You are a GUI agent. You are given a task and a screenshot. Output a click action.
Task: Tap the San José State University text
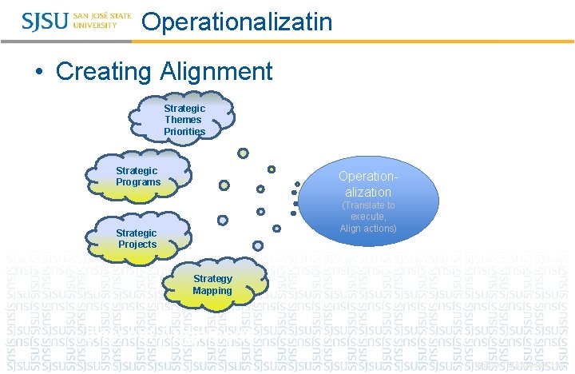point(102,20)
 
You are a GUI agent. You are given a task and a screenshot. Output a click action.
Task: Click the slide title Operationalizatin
point(236,22)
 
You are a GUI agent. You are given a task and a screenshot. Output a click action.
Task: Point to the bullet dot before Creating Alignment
point(39,73)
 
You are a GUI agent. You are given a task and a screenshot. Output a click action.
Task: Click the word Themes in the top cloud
point(184,120)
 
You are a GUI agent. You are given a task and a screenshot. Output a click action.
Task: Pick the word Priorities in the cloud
point(184,131)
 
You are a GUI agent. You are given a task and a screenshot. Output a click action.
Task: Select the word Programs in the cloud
point(137,182)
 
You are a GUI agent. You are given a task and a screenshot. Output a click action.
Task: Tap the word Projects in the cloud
point(137,244)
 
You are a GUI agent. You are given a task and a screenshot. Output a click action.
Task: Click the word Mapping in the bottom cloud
point(212,290)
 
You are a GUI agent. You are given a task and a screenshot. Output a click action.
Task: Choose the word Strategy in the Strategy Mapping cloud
point(212,279)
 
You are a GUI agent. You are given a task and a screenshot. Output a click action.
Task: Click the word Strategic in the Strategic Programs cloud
point(137,170)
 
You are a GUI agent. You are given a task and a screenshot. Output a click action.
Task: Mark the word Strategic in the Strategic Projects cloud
point(137,233)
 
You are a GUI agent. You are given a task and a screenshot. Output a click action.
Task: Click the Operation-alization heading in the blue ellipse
point(367,184)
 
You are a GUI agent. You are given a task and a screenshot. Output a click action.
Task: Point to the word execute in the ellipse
point(368,217)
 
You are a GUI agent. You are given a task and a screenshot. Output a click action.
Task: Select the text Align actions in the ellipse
point(368,229)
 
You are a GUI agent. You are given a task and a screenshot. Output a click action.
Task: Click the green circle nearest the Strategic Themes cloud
point(243,153)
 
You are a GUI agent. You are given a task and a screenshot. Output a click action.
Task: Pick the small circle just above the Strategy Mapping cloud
point(257,245)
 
